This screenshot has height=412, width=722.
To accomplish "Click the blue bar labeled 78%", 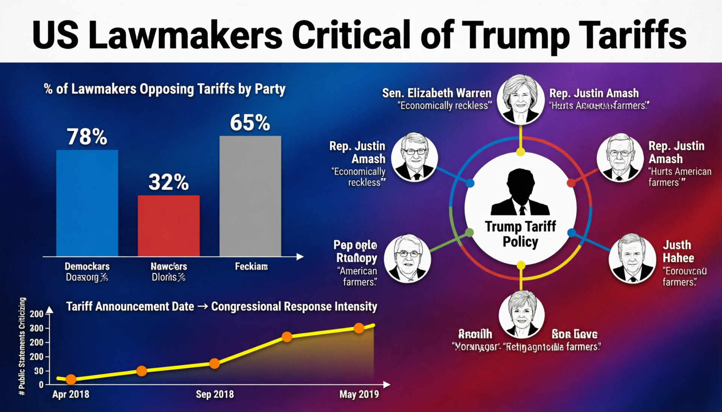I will tap(87, 203).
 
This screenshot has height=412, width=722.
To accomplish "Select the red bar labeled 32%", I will tap(168, 225).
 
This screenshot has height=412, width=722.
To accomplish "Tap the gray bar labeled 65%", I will tap(250, 196).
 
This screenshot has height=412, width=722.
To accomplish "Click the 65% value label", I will tap(250, 123).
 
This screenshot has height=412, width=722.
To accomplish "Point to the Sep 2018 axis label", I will tap(215, 394).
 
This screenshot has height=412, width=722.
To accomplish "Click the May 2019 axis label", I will tap(359, 394).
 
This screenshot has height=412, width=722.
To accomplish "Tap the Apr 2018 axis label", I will tap(71, 394).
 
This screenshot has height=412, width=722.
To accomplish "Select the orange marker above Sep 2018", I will tap(214, 364).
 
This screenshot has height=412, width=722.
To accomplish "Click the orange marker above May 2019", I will tap(359, 328).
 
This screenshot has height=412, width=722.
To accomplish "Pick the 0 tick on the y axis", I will tap(41, 385).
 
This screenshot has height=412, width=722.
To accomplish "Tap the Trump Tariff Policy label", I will tap(520, 234).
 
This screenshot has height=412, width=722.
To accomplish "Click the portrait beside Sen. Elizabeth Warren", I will tap(520, 99).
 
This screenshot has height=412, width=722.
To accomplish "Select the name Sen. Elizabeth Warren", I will tap(437, 93).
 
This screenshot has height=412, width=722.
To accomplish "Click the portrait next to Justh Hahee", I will tap(632, 258).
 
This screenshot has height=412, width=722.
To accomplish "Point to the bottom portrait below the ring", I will tap(522, 314).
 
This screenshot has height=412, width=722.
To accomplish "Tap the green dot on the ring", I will tap(469, 232).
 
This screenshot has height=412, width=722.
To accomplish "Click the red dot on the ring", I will tap(571, 183).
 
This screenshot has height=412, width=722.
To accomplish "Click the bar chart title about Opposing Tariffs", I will tap(165, 89).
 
